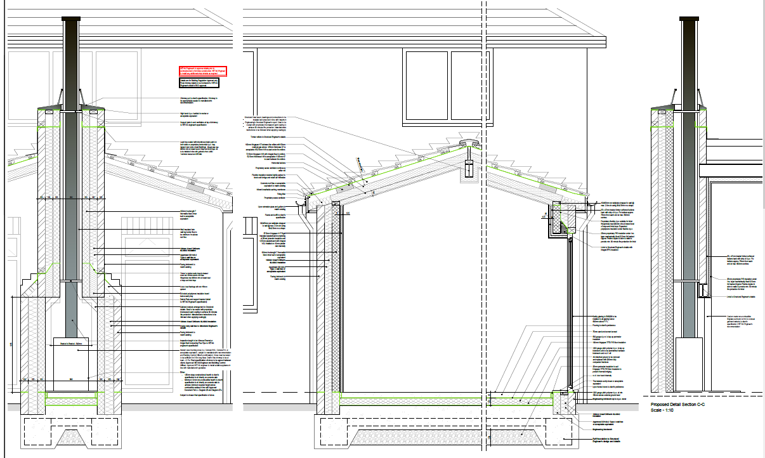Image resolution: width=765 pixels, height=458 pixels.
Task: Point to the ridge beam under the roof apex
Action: coord(470,168)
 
